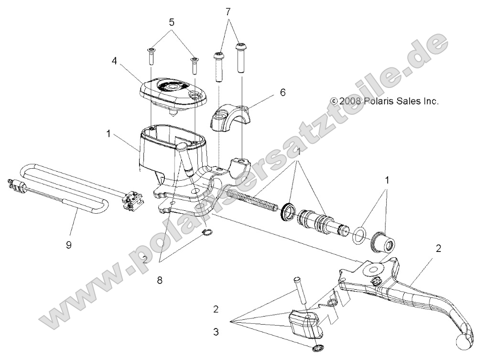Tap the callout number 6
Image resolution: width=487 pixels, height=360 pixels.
[x=283, y=92]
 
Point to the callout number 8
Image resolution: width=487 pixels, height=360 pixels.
[x=160, y=281]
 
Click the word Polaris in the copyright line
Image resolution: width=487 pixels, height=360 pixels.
[x=378, y=101]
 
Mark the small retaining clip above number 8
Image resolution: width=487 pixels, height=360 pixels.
[x=207, y=233]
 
